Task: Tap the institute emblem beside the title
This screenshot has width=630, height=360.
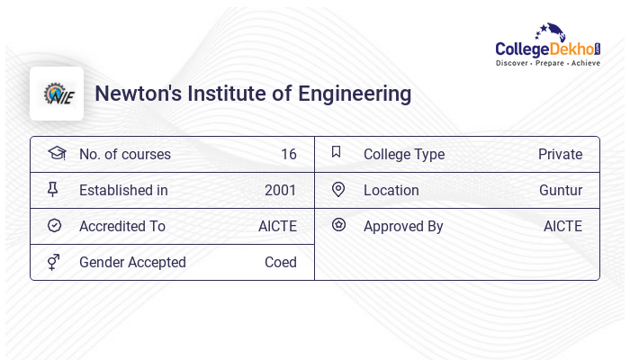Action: [x=57, y=94]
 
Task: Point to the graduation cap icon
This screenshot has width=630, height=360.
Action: [x=57, y=153]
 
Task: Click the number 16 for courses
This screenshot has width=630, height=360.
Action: [x=288, y=154]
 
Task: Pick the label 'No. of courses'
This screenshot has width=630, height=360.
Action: [x=125, y=154]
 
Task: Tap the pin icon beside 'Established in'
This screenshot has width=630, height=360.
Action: [x=53, y=189]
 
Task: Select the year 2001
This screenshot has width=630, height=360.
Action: [x=281, y=190]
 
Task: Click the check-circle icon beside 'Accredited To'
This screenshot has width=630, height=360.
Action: [x=54, y=225]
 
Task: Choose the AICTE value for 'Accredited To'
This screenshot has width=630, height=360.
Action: [x=277, y=226]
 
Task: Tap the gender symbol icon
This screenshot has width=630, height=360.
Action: [x=54, y=262]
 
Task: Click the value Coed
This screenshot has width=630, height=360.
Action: [x=281, y=262]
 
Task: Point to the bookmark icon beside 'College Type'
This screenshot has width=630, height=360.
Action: [x=337, y=152]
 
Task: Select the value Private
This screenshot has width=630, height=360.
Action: [x=560, y=154]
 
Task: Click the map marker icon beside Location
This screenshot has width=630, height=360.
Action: [x=338, y=189]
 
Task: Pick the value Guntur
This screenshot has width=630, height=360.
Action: [x=561, y=190]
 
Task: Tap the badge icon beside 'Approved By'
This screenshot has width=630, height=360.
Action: [x=338, y=225]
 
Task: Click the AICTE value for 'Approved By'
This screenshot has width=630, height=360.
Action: [x=562, y=226]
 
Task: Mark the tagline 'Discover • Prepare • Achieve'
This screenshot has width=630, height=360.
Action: [x=548, y=63]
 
